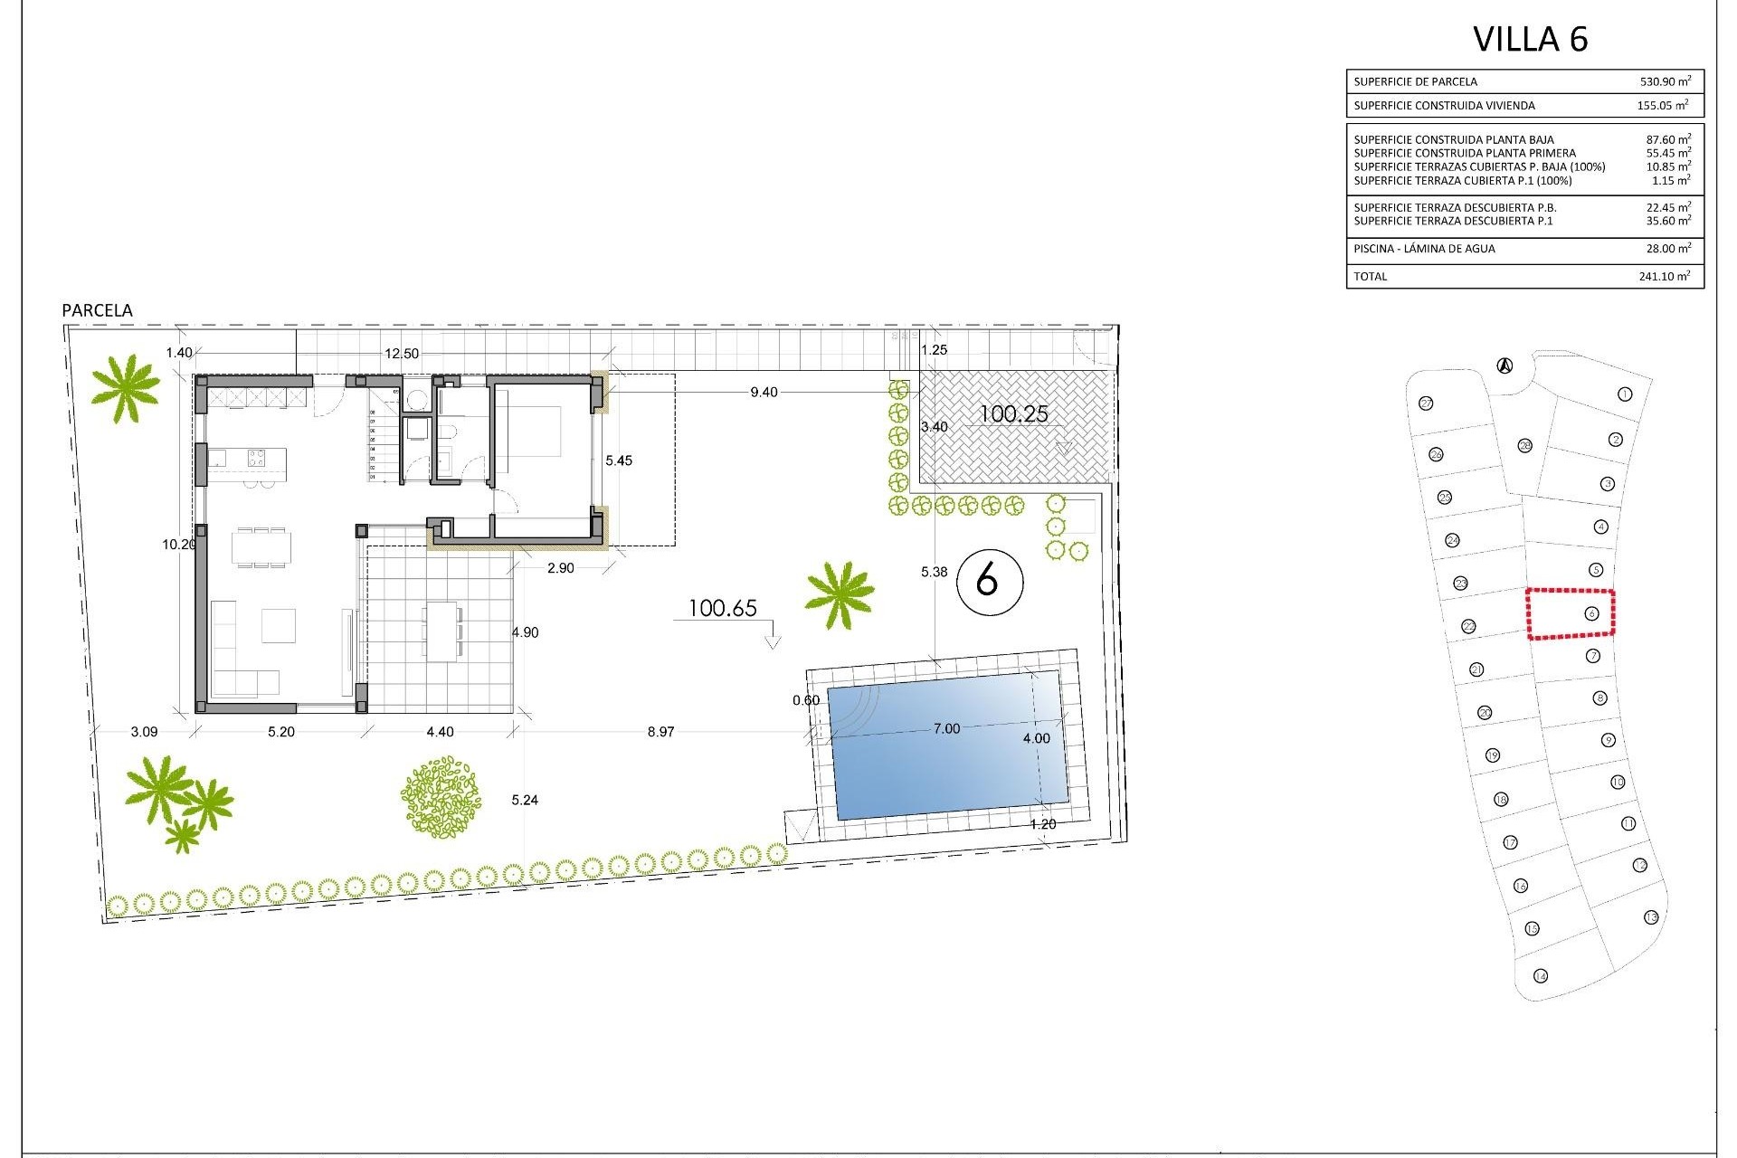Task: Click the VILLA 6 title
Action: click(1530, 40)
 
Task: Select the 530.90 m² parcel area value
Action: click(1665, 81)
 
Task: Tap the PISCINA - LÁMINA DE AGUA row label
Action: click(1424, 249)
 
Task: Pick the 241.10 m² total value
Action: click(1664, 277)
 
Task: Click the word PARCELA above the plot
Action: click(97, 310)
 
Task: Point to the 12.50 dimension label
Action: click(402, 354)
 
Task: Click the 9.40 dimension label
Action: click(764, 393)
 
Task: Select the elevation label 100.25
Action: click(1014, 414)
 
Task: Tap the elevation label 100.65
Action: click(722, 609)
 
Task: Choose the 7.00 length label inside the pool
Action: click(946, 729)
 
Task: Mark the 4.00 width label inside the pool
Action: click(1036, 738)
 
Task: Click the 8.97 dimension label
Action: click(660, 732)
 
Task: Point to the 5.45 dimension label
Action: click(619, 460)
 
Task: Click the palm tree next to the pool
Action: click(840, 594)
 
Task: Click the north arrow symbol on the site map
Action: click(1504, 366)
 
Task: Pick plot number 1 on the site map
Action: click(1625, 394)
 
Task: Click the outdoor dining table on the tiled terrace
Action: click(441, 631)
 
